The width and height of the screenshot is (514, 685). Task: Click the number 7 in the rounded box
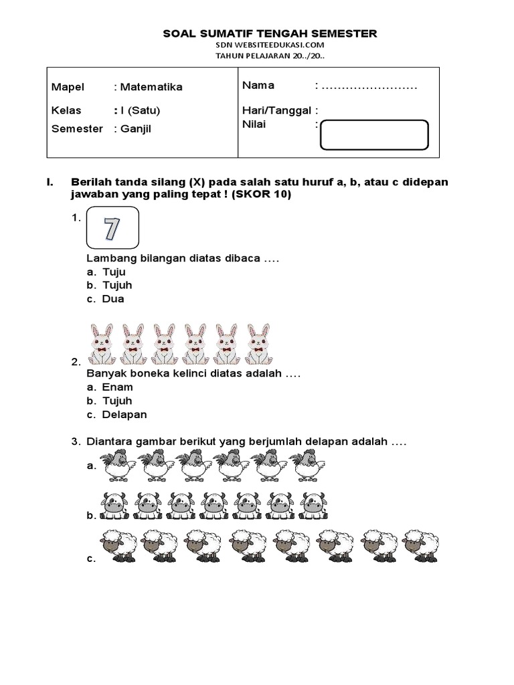coord(112,229)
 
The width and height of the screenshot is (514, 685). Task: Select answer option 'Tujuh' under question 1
coord(117,286)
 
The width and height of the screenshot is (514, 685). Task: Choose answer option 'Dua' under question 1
coord(113,299)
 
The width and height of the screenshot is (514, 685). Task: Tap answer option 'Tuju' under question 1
coord(114,272)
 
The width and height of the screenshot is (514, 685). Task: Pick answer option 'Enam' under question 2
coord(117,387)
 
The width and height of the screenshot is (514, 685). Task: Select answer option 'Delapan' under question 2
coord(124,414)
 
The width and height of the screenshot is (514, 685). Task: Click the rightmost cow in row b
coord(313,505)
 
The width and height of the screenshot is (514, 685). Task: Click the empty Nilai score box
coord(374,134)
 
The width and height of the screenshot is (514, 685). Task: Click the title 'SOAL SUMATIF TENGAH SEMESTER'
coord(270,33)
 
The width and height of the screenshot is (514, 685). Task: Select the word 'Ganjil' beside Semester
coord(136,128)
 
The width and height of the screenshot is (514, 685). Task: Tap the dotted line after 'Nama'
coord(369,86)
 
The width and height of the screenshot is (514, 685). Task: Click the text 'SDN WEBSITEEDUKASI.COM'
coord(270,45)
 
